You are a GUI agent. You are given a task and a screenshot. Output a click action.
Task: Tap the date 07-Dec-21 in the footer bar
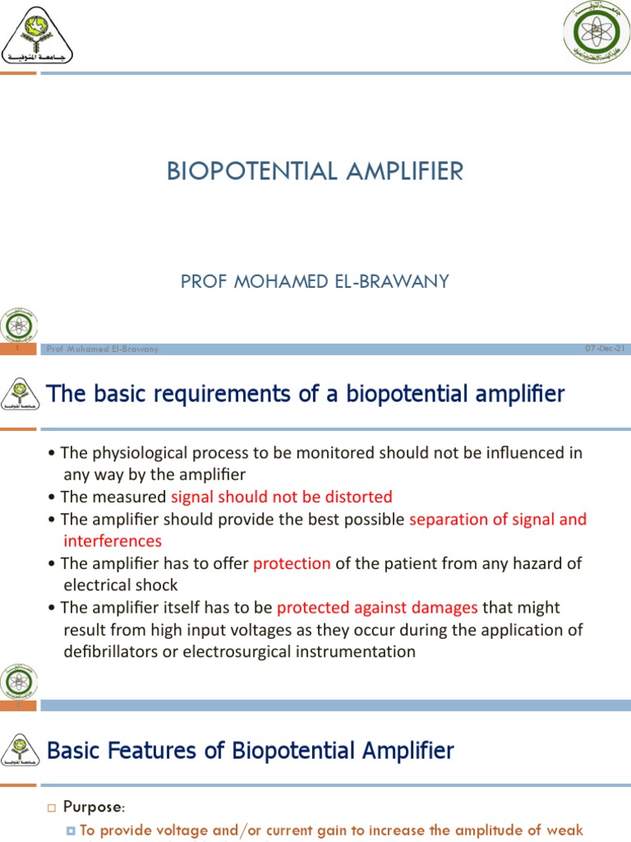tap(605, 349)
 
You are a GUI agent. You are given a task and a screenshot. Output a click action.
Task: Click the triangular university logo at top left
tap(38, 38)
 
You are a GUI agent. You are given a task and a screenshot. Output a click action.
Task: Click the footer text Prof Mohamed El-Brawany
tap(103, 349)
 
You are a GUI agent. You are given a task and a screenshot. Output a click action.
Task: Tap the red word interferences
tap(113, 541)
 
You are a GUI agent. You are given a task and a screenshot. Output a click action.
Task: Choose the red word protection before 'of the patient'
tap(292, 563)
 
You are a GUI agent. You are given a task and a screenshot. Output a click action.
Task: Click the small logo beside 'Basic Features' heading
tap(20, 749)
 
